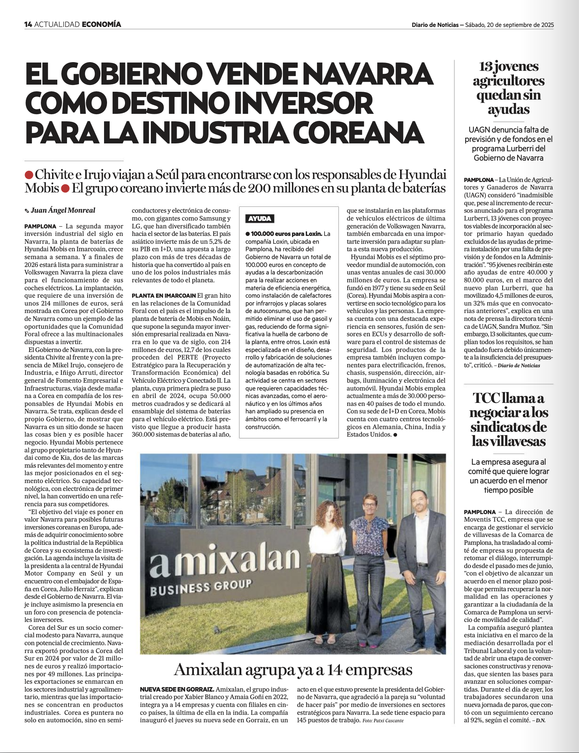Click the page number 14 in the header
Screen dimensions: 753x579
click(28, 25)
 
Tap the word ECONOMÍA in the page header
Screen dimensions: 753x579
click(101, 25)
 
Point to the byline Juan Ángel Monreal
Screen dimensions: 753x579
click(63, 210)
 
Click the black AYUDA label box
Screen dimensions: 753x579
click(259, 219)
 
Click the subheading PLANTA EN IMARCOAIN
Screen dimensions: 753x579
click(164, 295)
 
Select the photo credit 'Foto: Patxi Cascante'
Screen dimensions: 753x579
click(383, 720)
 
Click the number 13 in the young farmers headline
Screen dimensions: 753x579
click(485, 67)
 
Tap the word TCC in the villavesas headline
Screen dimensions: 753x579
click(486, 398)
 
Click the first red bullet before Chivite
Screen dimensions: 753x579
click(28, 175)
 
